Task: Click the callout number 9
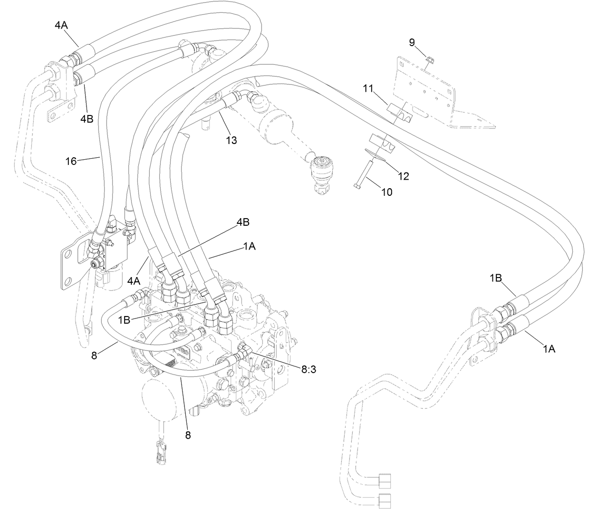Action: pos(412,43)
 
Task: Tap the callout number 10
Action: pos(387,192)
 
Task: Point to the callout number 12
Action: pos(403,176)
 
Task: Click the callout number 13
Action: pos(231,140)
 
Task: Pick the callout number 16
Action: pos(71,161)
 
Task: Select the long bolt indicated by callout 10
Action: pos(366,174)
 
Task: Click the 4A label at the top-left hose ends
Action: pos(61,26)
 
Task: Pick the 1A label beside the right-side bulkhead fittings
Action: pos(549,349)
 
